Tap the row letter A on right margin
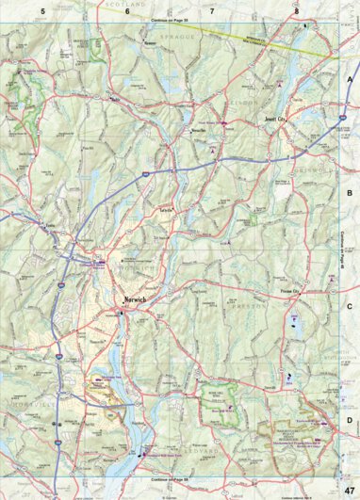(x=349, y=80)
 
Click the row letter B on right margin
(x=349, y=192)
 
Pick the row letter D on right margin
(x=349, y=419)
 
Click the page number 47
(x=349, y=490)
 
